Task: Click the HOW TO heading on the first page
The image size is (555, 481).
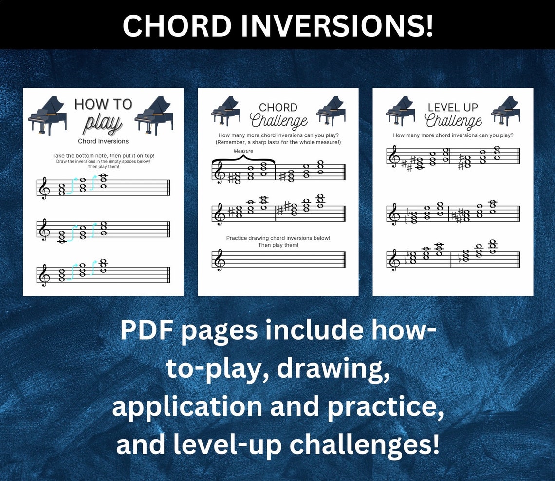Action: [x=103, y=104]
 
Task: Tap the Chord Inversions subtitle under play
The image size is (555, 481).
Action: [x=103, y=141]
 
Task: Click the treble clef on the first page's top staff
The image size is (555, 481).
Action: [x=44, y=188]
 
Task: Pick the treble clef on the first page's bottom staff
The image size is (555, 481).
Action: [x=44, y=275]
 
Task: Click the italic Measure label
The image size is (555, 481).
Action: [x=243, y=151]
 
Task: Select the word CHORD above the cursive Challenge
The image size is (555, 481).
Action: [x=278, y=107]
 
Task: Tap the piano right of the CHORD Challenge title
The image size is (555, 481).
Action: [x=331, y=111]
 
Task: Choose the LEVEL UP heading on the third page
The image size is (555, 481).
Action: [x=453, y=107]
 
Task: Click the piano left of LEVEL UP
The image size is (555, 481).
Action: [x=400, y=111]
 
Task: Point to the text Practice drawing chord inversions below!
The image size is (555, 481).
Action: [x=278, y=238]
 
